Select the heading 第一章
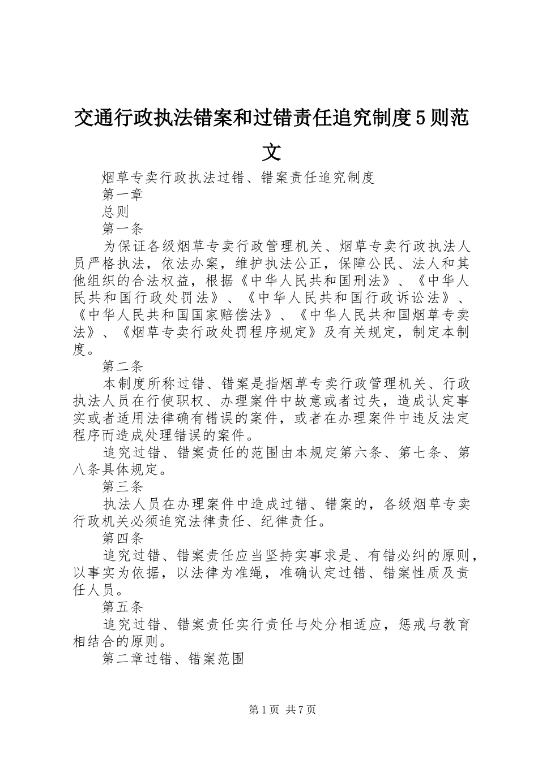coord(123,195)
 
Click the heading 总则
coord(116,211)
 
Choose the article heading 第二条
coord(123,366)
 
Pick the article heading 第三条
coord(123,487)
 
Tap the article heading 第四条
coord(123,538)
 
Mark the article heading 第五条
coord(123,607)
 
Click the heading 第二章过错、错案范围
coord(173,659)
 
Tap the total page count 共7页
coord(301,710)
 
